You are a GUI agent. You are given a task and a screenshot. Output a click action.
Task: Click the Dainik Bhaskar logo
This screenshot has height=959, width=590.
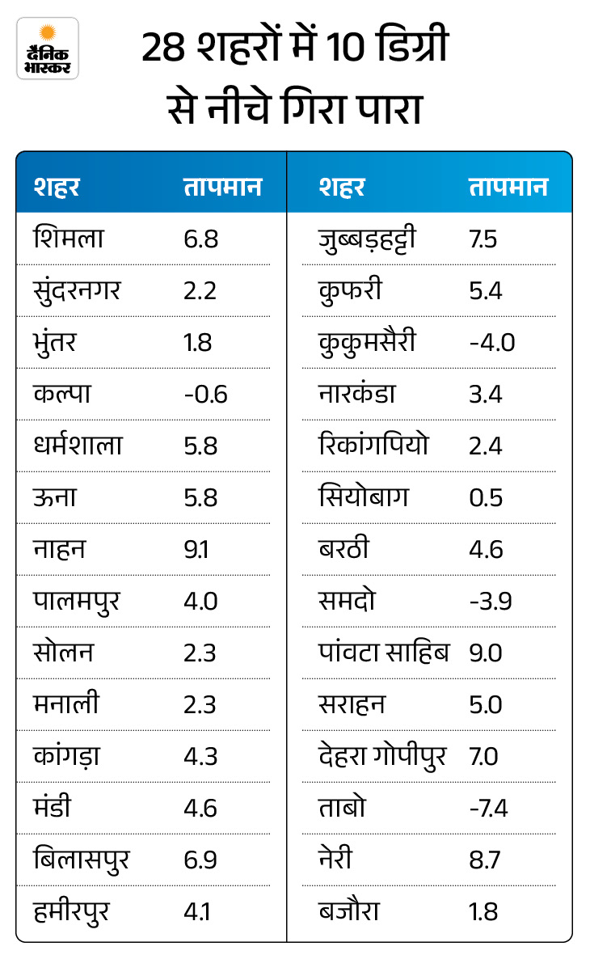[48, 48]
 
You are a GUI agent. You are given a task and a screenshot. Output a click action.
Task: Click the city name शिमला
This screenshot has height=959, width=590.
[70, 239]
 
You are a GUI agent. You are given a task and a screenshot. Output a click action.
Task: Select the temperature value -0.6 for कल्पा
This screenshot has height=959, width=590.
[205, 394]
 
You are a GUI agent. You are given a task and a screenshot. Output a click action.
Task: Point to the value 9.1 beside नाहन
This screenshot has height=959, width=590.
[196, 550]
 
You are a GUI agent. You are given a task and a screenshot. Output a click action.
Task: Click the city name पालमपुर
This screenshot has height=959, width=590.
[78, 602]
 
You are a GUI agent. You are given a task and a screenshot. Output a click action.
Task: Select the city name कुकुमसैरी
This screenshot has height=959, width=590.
[368, 342]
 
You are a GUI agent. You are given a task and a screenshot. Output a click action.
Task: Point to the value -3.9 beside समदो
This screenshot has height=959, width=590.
[491, 602]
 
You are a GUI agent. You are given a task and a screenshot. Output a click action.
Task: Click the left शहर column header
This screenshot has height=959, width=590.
[57, 187]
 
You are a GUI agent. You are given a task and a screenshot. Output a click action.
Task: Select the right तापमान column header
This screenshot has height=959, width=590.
[508, 187]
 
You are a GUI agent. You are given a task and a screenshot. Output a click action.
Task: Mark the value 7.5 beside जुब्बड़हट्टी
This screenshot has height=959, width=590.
[483, 239]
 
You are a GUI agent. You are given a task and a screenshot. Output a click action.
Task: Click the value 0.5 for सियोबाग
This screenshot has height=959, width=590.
[485, 497]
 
